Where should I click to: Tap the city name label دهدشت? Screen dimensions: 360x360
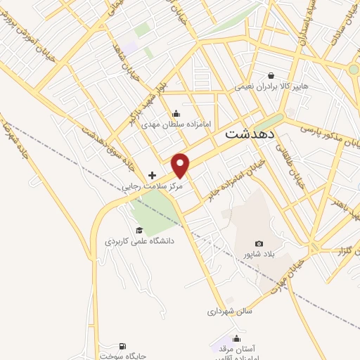(251, 133)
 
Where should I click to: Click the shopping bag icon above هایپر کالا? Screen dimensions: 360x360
(271, 75)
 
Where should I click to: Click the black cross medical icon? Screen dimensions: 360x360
(152, 175)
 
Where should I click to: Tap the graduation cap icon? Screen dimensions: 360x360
(139, 230)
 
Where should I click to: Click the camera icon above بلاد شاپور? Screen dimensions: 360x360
(259, 243)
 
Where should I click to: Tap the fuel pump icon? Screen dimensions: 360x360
(123, 345)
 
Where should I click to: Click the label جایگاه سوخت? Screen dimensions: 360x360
(122, 356)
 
